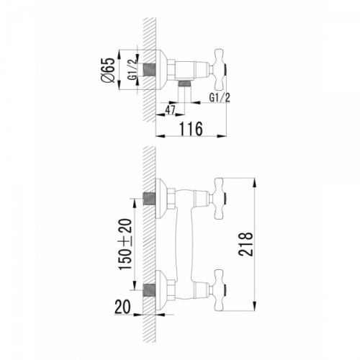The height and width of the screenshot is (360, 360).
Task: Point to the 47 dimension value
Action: [x=170, y=109]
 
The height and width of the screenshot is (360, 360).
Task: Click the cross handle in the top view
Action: [x=220, y=67]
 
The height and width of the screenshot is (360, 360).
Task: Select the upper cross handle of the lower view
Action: [x=220, y=196]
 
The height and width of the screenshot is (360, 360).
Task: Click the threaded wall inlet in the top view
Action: [x=152, y=67]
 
